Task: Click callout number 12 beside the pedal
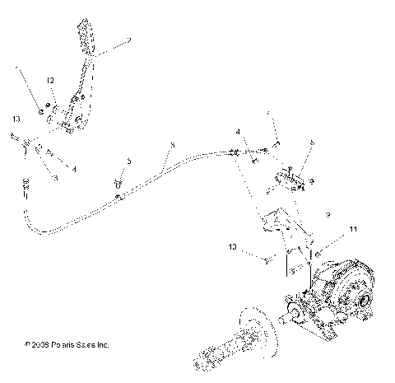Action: (x=50, y=80)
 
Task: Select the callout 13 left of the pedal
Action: (x=16, y=120)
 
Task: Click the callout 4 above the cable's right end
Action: (x=238, y=131)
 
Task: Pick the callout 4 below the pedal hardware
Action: (x=75, y=168)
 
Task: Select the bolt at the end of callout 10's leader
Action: (x=268, y=260)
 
